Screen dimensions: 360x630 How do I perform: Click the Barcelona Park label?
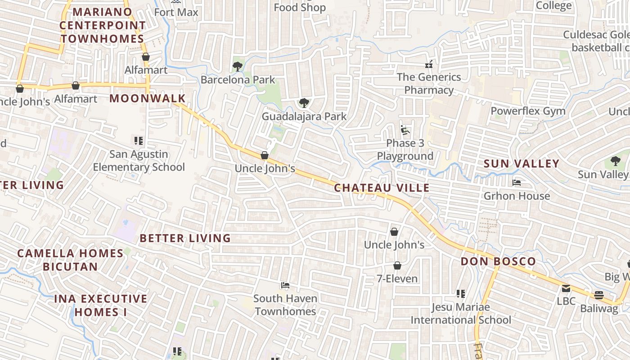point(238,80)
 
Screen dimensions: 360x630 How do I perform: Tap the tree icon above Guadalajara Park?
point(304,103)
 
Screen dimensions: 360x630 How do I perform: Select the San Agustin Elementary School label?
point(139,161)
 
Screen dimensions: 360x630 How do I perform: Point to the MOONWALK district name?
point(148,98)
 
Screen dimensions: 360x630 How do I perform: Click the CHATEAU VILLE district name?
point(382,188)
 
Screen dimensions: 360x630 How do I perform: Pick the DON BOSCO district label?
point(498,261)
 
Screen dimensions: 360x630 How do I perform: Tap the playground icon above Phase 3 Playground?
point(405,130)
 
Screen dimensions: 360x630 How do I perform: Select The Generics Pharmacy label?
point(428,84)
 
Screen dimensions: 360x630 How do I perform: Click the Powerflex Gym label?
point(528,111)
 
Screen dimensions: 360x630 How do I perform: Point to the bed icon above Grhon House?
point(517,183)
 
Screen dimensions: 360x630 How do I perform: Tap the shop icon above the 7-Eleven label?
point(397,265)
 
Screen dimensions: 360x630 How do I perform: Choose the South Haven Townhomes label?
point(285,305)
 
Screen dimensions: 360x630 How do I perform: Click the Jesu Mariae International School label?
point(461,313)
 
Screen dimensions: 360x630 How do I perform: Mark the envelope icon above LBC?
point(566,288)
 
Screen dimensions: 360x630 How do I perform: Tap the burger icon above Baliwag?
point(598,295)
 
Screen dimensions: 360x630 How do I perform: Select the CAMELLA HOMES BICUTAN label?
point(70,260)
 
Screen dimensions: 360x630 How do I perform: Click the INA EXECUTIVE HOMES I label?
point(100,305)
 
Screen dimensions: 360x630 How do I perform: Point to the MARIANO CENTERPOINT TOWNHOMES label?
point(102,25)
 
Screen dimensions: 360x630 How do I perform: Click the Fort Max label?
point(176,12)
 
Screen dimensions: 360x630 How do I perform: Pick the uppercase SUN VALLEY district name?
point(521,164)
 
